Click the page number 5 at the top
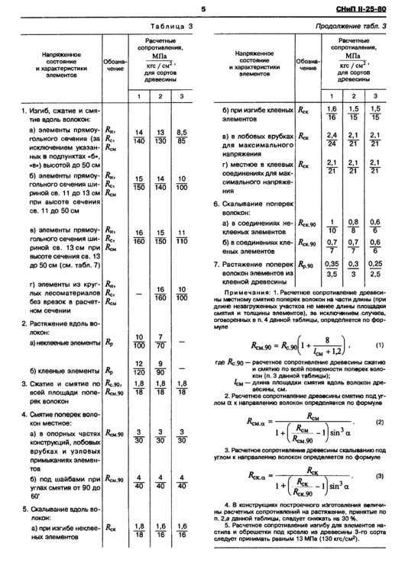[x=203, y=9]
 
